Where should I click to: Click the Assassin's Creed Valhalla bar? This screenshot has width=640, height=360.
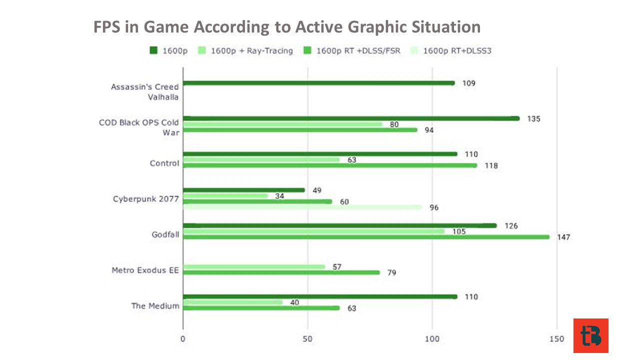coord(319,83)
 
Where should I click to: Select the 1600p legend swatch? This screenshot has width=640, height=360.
coord(153,50)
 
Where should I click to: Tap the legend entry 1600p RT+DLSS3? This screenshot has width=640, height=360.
coord(451,51)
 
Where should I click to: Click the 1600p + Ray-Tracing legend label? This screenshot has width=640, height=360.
coord(251,51)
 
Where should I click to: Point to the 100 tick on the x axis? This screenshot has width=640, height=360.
coord(432,339)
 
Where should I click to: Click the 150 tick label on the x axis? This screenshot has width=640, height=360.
coord(557,339)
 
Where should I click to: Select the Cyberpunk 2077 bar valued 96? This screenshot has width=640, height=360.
coord(302,207)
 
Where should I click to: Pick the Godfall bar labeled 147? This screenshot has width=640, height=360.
coord(366,237)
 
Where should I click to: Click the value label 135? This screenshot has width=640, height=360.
coord(533,119)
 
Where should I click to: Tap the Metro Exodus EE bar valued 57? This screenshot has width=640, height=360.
coord(254,267)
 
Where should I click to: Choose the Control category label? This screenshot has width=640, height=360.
coord(164,163)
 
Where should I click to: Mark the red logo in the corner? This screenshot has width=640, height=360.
coord(591,335)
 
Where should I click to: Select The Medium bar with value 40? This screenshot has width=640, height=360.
coord(233,302)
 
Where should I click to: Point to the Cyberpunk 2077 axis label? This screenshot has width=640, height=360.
coord(145,199)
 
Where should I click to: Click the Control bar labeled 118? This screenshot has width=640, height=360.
coord(330,165)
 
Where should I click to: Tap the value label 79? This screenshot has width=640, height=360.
coord(391,273)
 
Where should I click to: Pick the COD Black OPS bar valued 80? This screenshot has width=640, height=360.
coord(283,124)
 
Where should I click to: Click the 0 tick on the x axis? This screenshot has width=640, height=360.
coord(183,339)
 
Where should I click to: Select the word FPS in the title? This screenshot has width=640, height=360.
coord(106,27)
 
